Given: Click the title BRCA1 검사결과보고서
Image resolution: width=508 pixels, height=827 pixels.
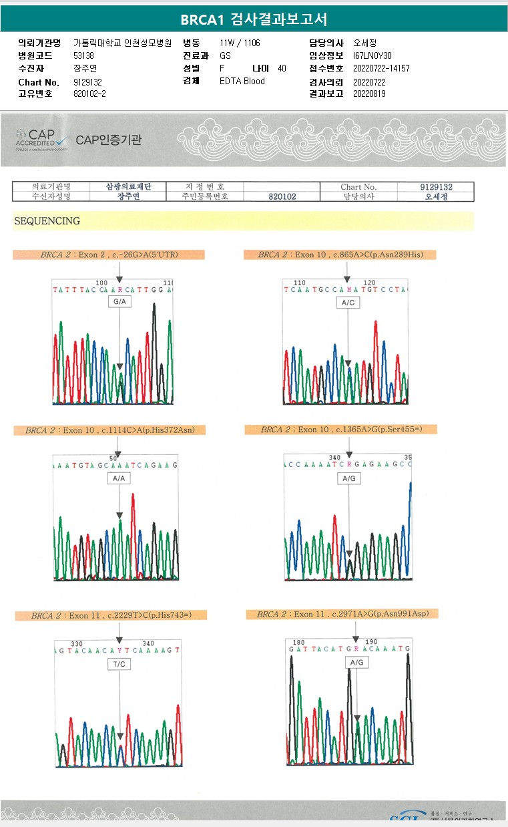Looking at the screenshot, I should pos(254,19).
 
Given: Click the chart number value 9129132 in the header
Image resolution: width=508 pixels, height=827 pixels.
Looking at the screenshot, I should pos(87,81).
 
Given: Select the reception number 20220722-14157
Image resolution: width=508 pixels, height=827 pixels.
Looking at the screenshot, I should pos(381,69).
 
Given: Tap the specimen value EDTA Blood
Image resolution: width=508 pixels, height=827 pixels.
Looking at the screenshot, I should pos(242,81).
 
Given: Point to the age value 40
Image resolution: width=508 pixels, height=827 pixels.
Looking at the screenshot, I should pos(282,69).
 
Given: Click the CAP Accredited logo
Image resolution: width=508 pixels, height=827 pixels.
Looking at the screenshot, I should pos(41,140).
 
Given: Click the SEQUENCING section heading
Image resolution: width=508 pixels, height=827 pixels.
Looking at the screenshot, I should pos(47,221).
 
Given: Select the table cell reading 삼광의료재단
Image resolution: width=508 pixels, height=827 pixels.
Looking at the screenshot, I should pos(129,187).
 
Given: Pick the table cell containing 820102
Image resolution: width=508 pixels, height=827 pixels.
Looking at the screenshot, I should pos(282,196).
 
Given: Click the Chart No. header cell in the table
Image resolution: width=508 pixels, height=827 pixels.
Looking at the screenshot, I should pos(358,187).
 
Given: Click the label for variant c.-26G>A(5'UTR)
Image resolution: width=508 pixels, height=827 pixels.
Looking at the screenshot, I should pos(109,255).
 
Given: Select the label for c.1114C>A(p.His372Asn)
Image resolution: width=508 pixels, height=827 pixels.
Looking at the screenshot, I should pos(109,430).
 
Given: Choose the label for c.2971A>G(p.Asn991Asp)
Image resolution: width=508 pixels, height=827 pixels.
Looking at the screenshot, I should pos(342,614).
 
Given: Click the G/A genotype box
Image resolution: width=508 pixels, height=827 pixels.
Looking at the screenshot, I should pos(119,302).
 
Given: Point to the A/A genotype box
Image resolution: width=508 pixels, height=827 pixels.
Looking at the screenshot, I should pos(119,478).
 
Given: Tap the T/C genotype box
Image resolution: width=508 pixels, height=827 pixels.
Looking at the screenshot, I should pos(120,664).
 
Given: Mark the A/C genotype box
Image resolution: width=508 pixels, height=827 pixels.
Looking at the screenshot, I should pos(348,303).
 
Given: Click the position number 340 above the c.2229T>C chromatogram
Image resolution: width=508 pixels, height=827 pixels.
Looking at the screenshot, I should pos(148,643).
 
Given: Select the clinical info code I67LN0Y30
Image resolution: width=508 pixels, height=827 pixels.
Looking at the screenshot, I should pos(372,56).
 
